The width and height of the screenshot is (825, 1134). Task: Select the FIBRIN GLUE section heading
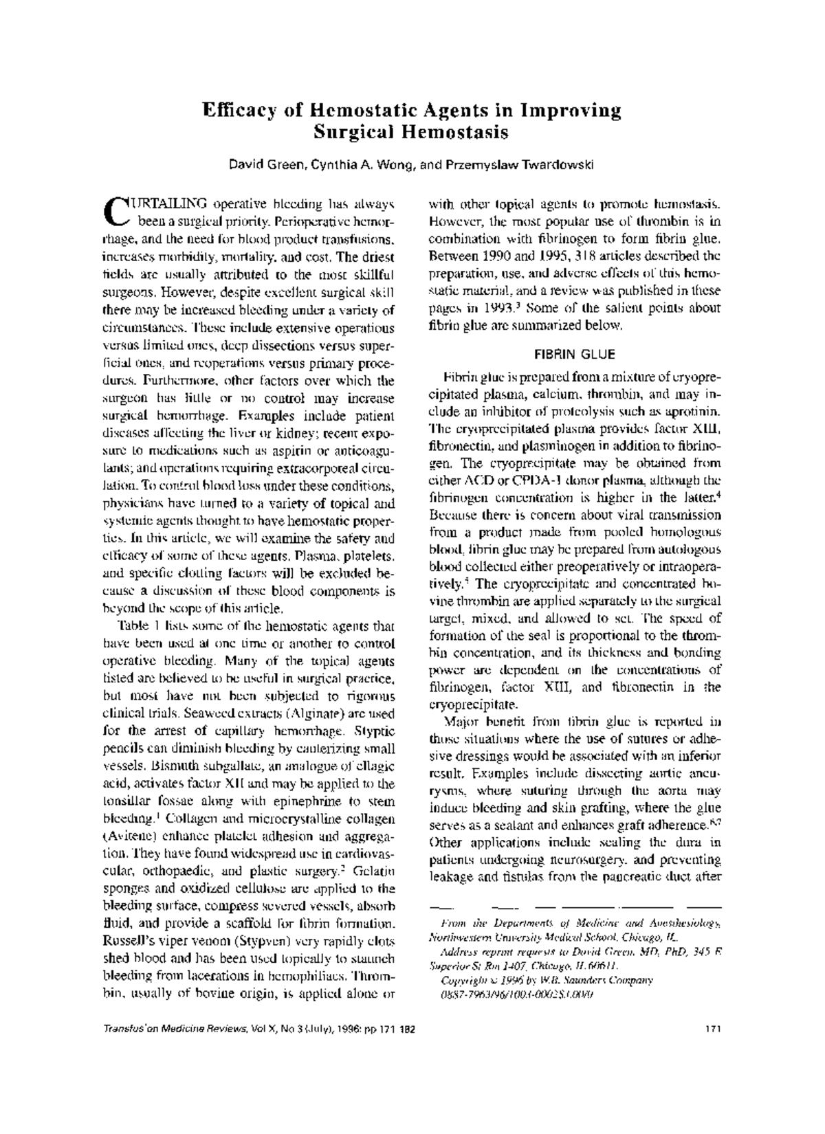[x=574, y=355]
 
